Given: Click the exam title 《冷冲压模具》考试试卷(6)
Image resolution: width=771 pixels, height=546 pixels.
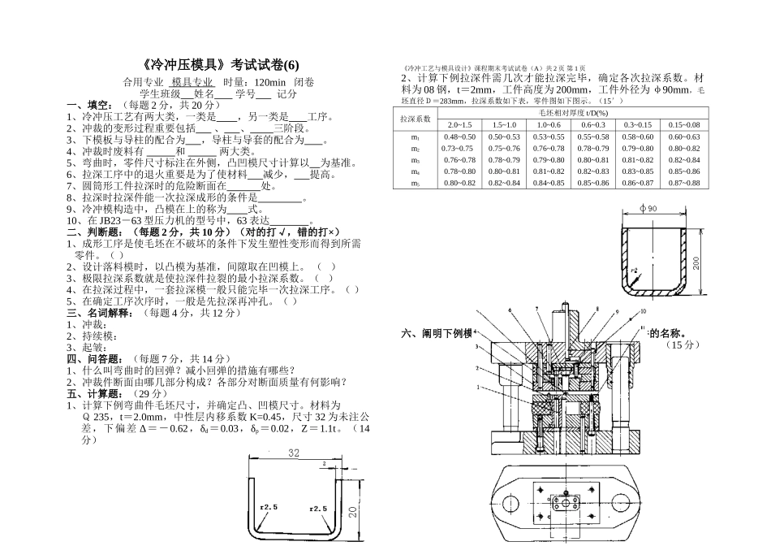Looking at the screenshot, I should tap(214, 65).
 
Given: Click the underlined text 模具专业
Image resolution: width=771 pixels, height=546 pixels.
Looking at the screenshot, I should tap(192, 82).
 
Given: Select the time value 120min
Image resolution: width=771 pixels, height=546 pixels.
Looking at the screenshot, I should tap(269, 82).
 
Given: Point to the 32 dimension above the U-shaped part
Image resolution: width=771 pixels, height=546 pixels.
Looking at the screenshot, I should tap(293, 453).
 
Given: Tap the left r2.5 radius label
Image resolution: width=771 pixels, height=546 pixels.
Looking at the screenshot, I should tap(269, 507).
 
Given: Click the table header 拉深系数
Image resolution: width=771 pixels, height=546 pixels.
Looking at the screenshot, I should tap(414, 119).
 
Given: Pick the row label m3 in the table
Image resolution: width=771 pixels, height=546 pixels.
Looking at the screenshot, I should tap(415, 160).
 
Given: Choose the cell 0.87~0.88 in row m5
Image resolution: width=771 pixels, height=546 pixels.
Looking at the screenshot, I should tap(683, 183).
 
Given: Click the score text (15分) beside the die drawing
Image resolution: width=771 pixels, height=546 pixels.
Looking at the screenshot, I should tap(683, 345).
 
